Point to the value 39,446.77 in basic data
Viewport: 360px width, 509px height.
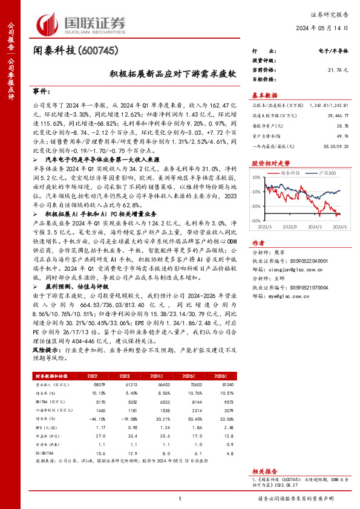[x=336, y=114]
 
